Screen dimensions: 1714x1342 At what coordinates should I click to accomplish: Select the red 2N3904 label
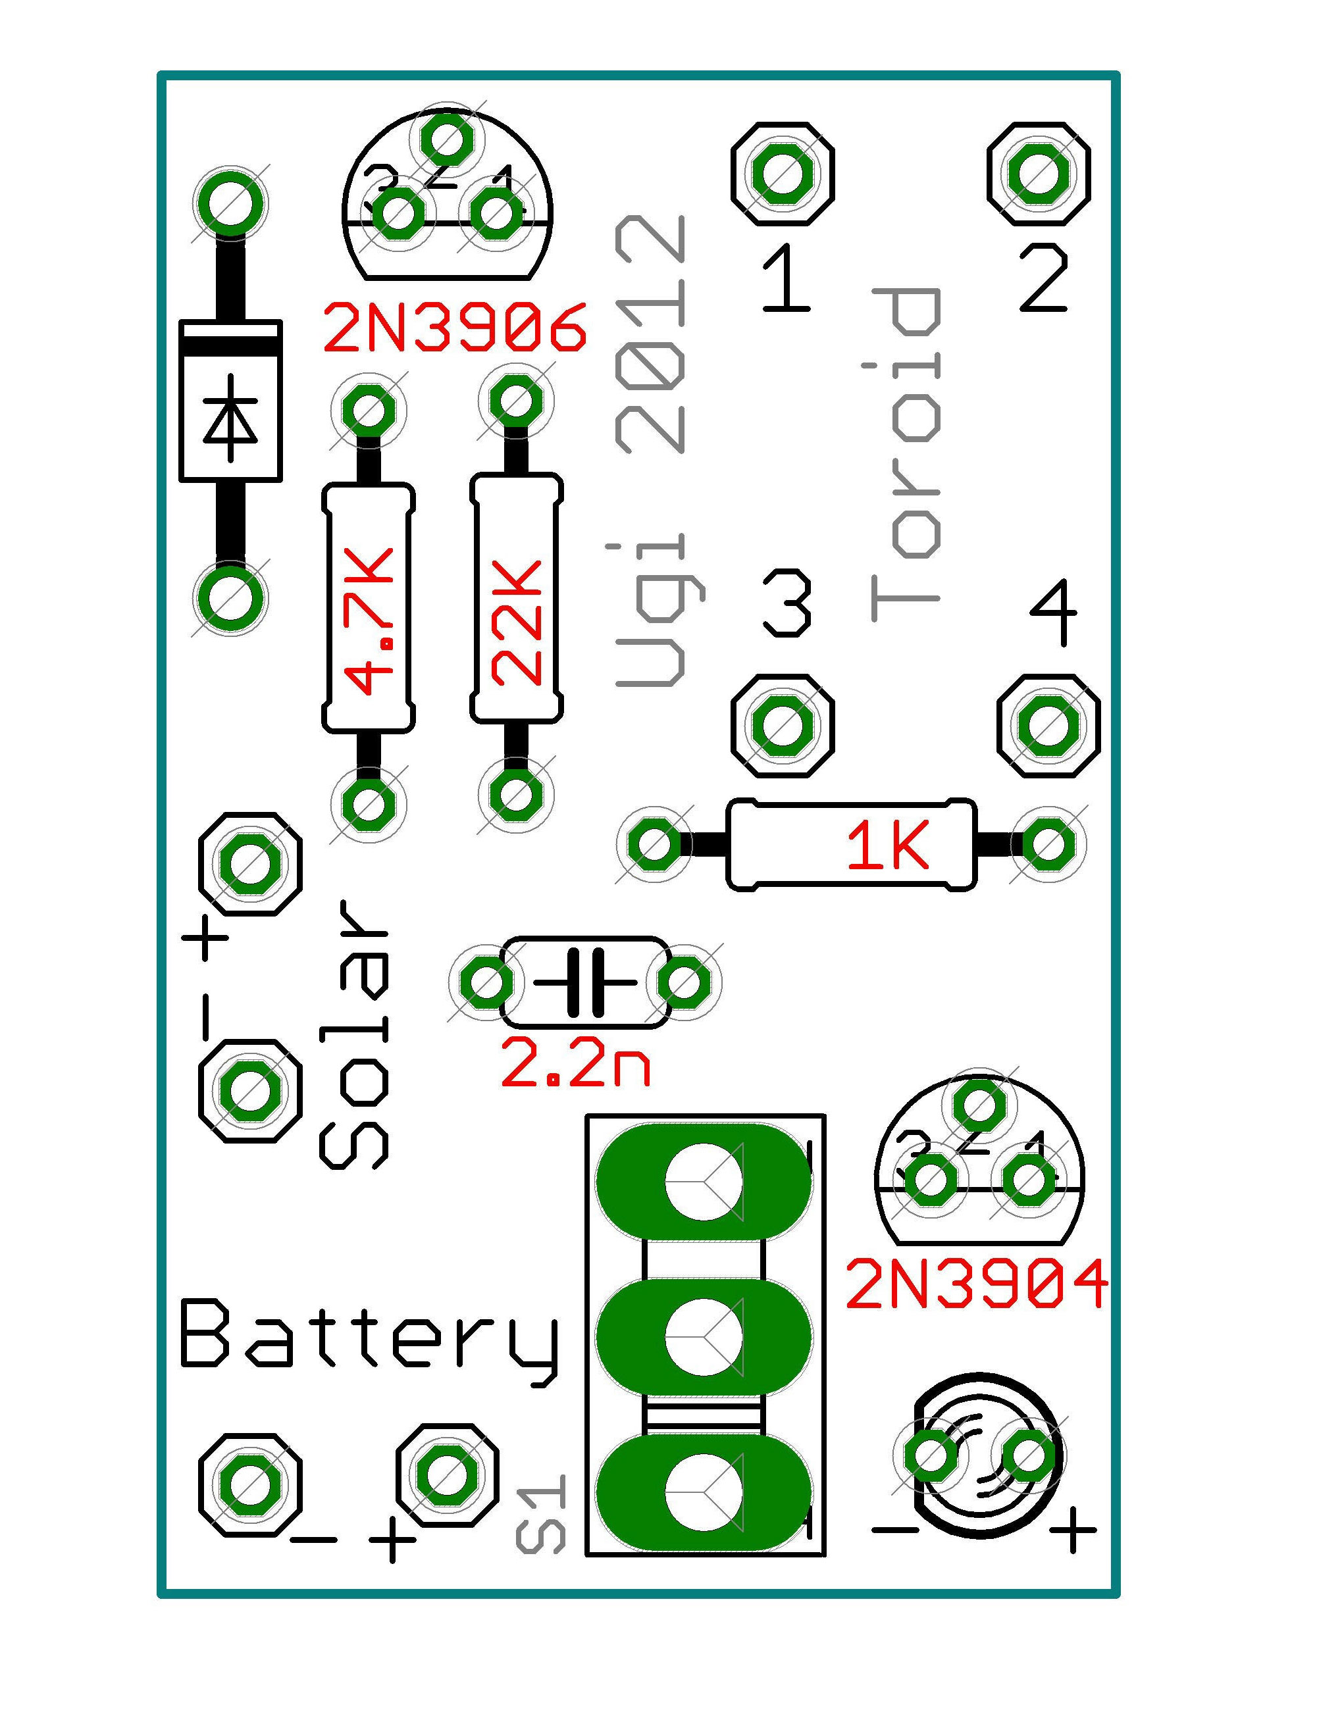[977, 1284]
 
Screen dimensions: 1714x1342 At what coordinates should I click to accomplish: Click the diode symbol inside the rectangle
[230, 418]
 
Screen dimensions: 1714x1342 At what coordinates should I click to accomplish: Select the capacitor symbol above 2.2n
[585, 982]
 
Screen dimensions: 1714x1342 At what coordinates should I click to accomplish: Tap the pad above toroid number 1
[782, 174]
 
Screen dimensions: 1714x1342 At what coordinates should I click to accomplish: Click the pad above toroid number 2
[1039, 174]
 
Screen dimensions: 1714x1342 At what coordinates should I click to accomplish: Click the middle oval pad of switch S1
[703, 1338]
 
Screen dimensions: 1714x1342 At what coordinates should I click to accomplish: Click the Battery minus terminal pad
[250, 1484]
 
